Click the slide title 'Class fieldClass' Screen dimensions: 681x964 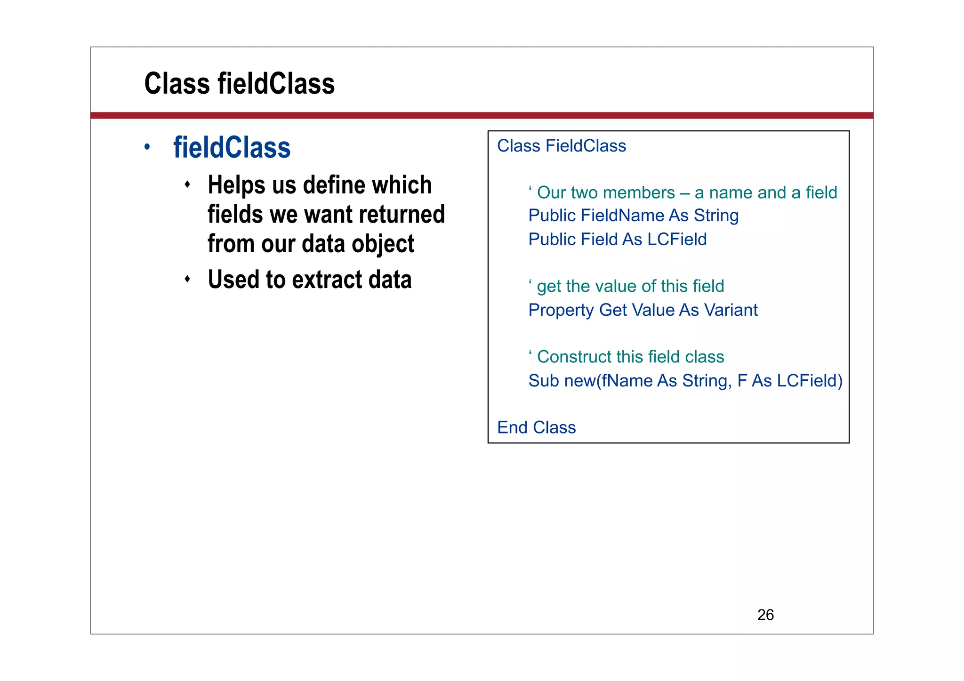pyautogui.click(x=239, y=84)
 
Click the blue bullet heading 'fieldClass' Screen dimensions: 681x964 pyautogui.click(x=232, y=148)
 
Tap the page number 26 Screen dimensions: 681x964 pyautogui.click(x=765, y=615)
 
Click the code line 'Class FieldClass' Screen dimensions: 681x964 pyautogui.click(x=561, y=146)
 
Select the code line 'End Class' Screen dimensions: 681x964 pyautogui.click(x=536, y=427)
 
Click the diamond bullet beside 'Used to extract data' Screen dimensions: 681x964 pyautogui.click(x=187, y=279)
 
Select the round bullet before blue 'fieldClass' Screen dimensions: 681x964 pyautogui.click(x=147, y=147)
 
